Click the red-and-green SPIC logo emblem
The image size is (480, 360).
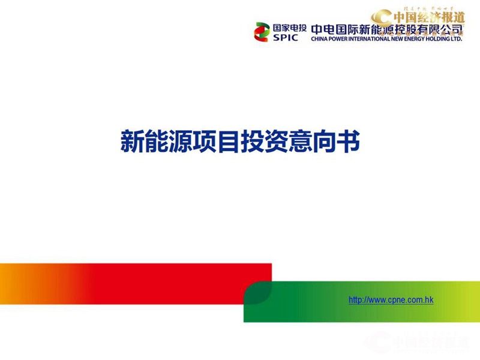pyautogui.click(x=262, y=31)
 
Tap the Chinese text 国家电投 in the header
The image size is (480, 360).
pyautogui.click(x=290, y=26)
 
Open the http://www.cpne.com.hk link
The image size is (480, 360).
pyautogui.click(x=391, y=299)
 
